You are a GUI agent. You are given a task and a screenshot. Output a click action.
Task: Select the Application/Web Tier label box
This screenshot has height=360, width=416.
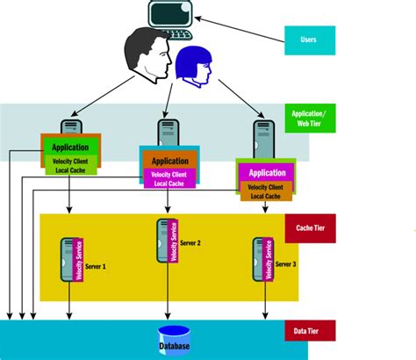click(x=311, y=119)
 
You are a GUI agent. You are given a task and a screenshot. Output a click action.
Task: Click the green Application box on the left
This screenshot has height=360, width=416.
click(x=70, y=148)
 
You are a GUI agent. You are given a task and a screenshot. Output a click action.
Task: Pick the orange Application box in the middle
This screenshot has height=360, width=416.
click(x=169, y=162)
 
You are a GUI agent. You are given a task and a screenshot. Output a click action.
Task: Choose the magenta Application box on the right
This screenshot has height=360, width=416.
click(x=267, y=173)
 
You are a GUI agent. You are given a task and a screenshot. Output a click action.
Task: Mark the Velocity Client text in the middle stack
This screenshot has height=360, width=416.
click(x=169, y=173)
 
